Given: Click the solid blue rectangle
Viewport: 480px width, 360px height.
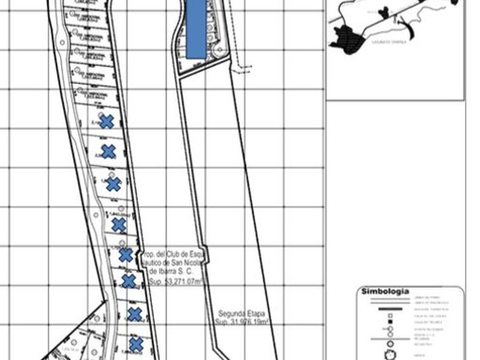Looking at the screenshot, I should (x=196, y=29).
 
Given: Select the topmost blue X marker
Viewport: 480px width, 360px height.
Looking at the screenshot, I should (x=106, y=121).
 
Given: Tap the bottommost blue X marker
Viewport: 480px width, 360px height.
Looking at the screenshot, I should (x=135, y=345).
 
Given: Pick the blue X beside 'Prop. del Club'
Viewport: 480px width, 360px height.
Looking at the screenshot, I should (x=125, y=255).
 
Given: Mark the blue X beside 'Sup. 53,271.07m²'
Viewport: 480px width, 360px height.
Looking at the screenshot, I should (x=129, y=281).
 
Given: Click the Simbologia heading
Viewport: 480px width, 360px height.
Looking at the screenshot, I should (x=385, y=291).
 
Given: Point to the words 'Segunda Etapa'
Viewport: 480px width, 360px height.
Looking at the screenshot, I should (x=242, y=314).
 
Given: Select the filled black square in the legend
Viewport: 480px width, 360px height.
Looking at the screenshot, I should (x=390, y=322).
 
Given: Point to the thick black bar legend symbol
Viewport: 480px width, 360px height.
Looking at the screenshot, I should (x=390, y=309).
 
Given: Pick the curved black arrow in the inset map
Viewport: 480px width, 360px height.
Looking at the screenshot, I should (x=405, y=24).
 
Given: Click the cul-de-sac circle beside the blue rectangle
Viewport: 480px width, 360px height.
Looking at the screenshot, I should (x=217, y=52).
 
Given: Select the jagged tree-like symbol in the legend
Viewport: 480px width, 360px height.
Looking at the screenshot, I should (x=390, y=354).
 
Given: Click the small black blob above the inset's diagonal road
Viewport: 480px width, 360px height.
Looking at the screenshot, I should (x=384, y=11).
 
